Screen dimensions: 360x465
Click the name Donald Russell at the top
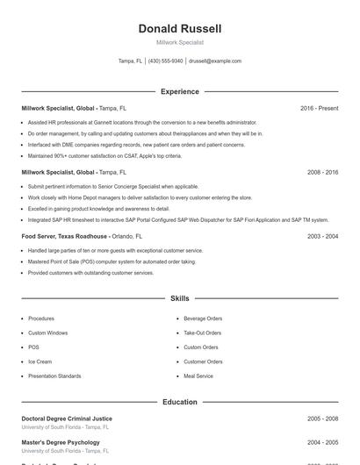pyautogui.click(x=180, y=29)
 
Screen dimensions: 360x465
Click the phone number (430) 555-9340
pyautogui.click(x=165, y=61)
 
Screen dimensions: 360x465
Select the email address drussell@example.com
pyautogui.click(x=215, y=61)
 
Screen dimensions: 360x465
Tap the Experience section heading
pyautogui.click(x=180, y=91)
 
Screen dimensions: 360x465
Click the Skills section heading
pyautogui.click(x=180, y=299)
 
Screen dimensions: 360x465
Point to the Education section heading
pyautogui.click(x=180, y=402)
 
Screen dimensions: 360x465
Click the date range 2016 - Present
pyautogui.click(x=319, y=108)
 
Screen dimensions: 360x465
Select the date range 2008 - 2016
pyautogui.click(x=322, y=172)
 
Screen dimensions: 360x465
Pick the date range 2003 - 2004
pyautogui.click(x=322, y=236)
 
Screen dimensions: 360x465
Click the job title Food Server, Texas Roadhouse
pyautogui.click(x=65, y=236)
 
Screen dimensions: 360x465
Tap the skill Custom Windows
pyautogui.click(x=47, y=333)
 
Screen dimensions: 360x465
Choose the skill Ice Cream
pyautogui.click(x=40, y=361)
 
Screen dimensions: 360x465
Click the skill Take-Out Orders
pyautogui.click(x=203, y=333)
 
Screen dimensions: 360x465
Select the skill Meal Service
pyautogui.click(x=198, y=376)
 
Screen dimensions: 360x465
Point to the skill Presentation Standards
pyautogui.click(x=54, y=376)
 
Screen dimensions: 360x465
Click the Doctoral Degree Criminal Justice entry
pyautogui.click(x=67, y=418)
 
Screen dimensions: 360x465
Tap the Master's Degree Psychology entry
pyautogui.click(x=61, y=442)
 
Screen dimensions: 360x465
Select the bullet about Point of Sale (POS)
pyautogui.click(x=112, y=261)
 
